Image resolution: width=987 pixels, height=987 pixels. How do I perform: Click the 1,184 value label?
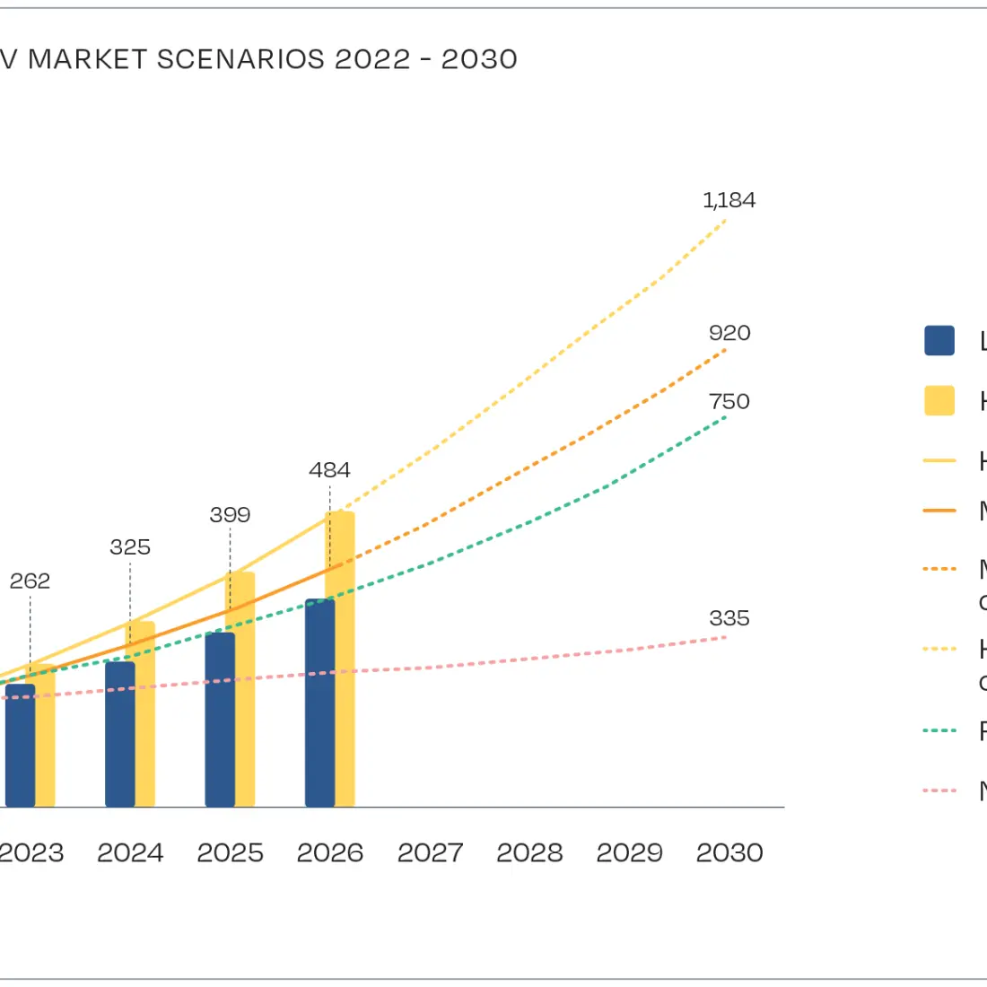click(x=729, y=200)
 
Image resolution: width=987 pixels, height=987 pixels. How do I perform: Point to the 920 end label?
click(x=729, y=333)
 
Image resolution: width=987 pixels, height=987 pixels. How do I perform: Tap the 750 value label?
click(x=729, y=401)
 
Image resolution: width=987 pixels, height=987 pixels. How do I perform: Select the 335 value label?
click(x=729, y=618)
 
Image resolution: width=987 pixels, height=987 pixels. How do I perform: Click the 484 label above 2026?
click(x=329, y=470)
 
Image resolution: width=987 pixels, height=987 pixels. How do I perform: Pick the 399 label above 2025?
click(x=230, y=515)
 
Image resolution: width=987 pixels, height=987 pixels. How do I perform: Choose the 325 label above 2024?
click(x=130, y=547)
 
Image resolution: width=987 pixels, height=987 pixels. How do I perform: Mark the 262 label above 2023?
click(x=30, y=581)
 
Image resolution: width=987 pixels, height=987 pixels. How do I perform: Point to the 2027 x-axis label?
click(x=430, y=852)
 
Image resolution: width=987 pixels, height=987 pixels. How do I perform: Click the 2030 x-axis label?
click(x=729, y=852)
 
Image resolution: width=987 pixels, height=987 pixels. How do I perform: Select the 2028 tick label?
click(x=529, y=852)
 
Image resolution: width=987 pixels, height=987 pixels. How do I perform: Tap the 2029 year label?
click(x=629, y=852)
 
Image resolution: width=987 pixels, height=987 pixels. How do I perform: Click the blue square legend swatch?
click(x=939, y=341)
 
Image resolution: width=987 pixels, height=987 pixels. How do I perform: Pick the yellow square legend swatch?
click(x=939, y=400)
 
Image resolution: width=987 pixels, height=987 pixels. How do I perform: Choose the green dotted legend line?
click(x=939, y=730)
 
